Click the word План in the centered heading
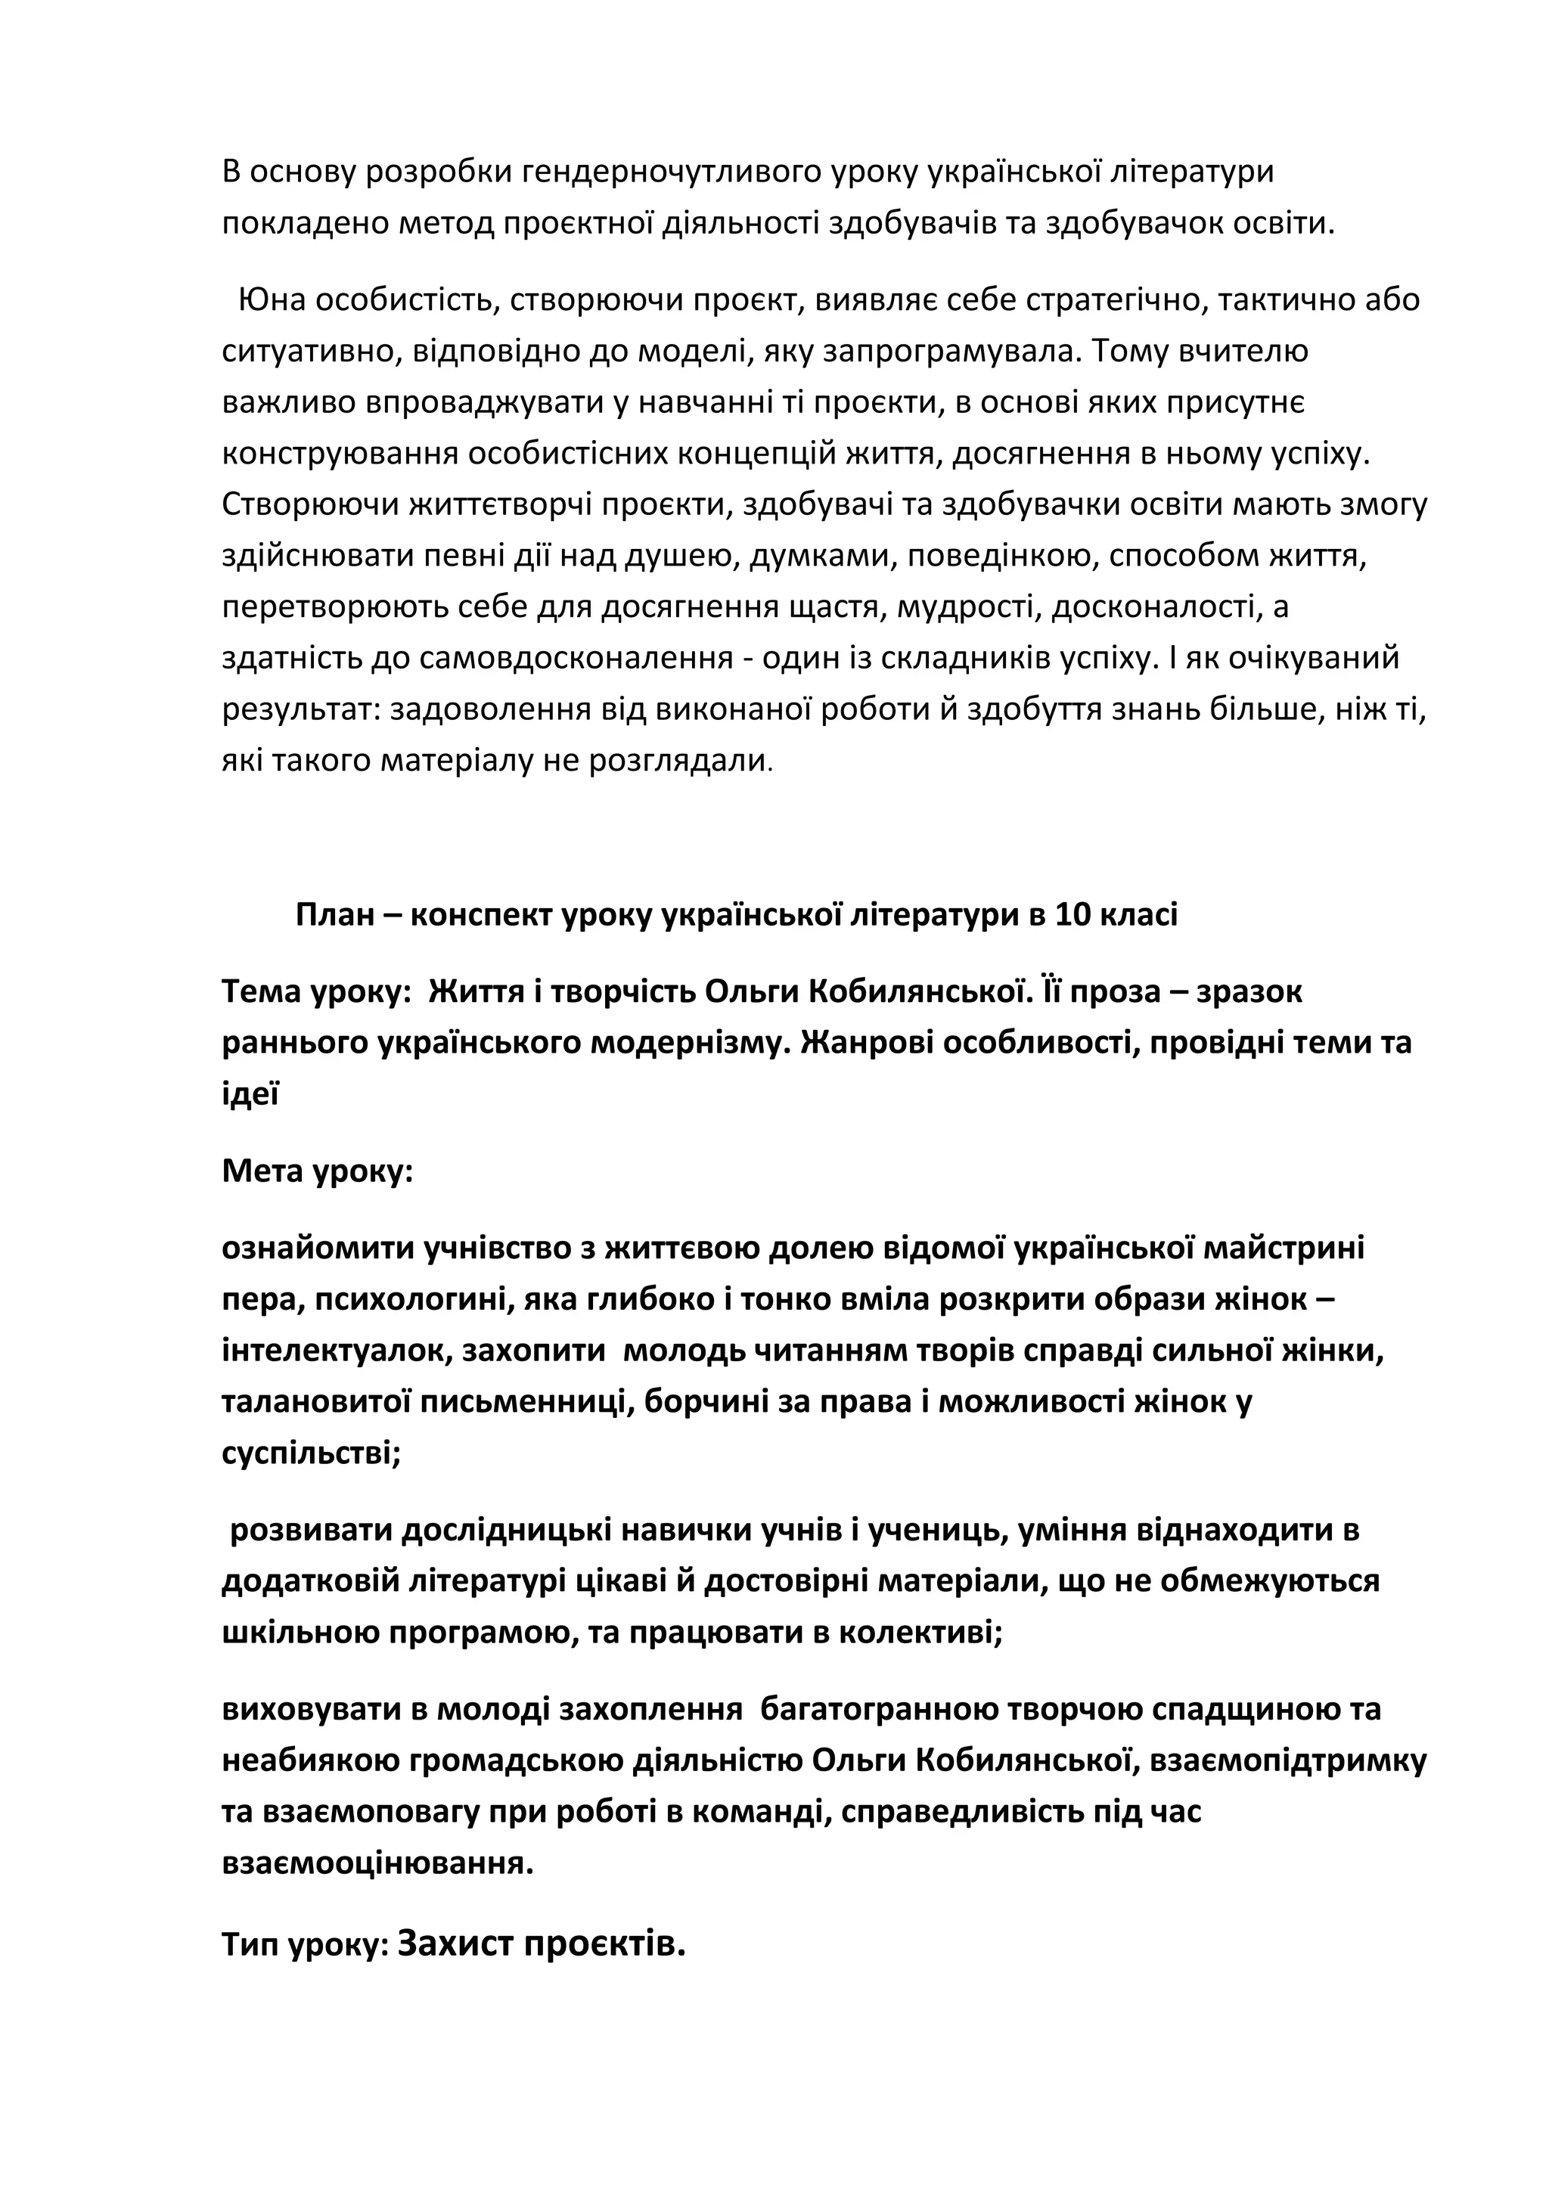point(335,915)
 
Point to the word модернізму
point(689,1043)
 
